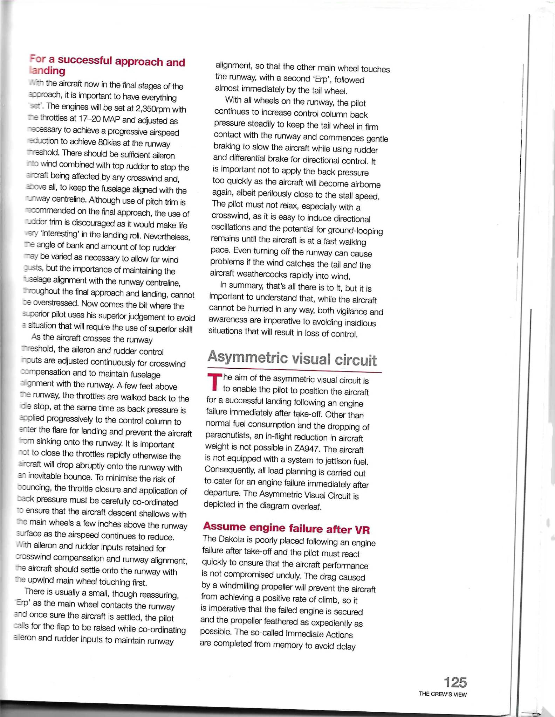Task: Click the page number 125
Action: click(x=455, y=682)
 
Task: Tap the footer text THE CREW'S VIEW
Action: click(x=443, y=695)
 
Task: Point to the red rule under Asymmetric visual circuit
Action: click(x=294, y=370)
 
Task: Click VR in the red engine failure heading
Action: click(x=362, y=530)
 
